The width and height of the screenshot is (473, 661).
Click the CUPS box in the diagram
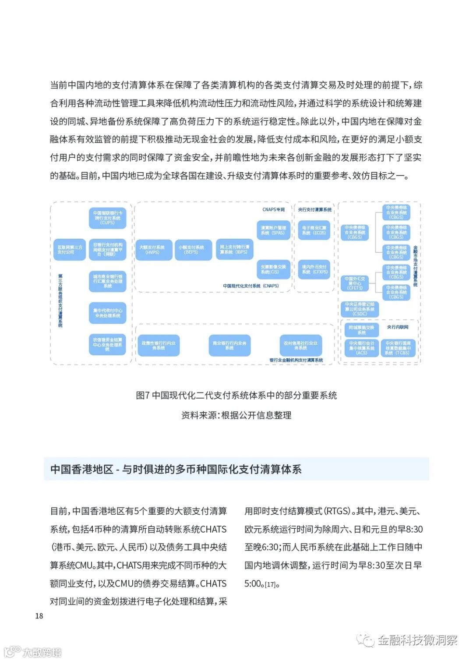point(107,218)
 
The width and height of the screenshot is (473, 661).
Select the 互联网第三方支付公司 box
point(69,250)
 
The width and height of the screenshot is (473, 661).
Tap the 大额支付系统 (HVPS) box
point(153,250)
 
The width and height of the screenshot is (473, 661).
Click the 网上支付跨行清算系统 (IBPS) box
point(234,249)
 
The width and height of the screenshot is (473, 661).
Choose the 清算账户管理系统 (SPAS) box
point(273,230)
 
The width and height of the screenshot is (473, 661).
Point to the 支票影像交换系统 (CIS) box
point(273,269)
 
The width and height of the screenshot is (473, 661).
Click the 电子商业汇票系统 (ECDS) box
point(314,230)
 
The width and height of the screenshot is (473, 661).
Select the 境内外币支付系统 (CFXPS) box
point(314,269)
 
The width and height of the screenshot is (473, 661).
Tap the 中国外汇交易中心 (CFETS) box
point(355,283)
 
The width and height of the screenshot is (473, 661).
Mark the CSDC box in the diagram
point(360,309)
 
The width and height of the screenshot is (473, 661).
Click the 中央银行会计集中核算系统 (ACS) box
point(361,348)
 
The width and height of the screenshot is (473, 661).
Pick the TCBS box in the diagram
point(398,348)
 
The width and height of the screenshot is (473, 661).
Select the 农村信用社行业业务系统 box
point(300,345)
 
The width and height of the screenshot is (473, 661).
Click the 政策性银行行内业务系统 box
point(158,345)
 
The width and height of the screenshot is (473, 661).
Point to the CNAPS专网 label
point(273,209)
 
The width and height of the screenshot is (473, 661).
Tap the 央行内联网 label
point(398,327)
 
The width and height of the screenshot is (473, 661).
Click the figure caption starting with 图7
point(236,395)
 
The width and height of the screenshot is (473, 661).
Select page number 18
point(39,615)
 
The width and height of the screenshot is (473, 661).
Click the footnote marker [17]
point(271,584)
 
